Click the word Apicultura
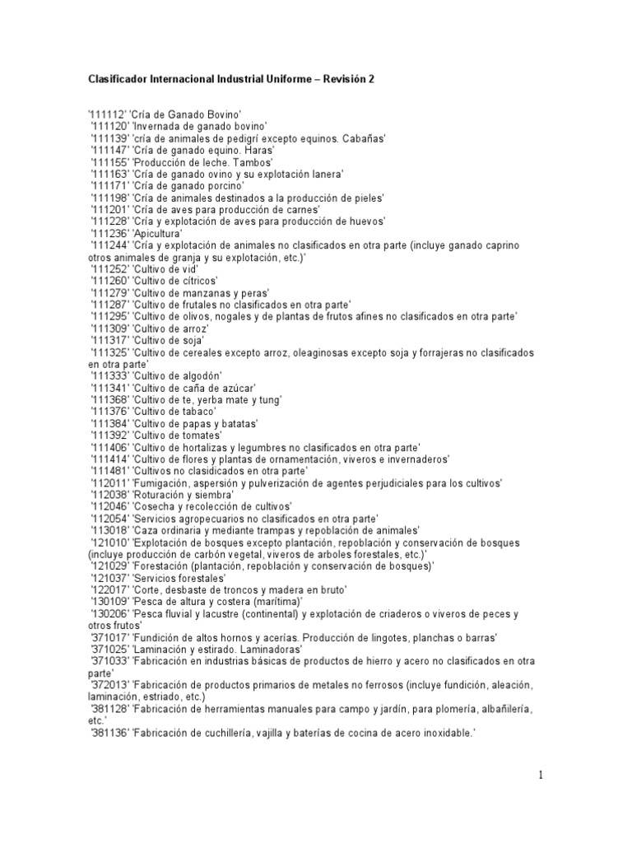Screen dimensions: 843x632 coord(158,234)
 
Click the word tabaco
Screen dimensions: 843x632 coord(197,411)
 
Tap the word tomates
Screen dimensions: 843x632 coord(202,435)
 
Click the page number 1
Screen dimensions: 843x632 coord(541,775)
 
